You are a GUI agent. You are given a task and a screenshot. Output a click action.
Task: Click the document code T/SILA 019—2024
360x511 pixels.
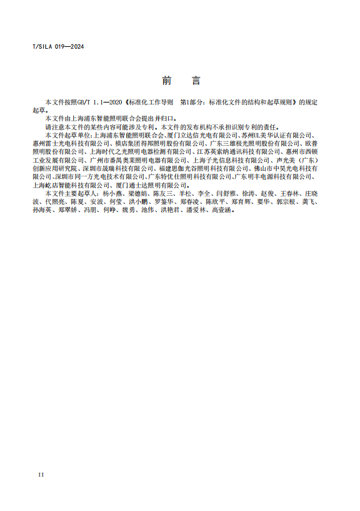point(58,47)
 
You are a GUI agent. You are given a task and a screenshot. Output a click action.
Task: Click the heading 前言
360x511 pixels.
point(181,81)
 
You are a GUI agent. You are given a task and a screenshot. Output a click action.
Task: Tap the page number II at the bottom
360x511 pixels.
point(41,475)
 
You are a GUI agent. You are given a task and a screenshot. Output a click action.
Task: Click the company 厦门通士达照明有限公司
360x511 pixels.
point(151,185)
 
